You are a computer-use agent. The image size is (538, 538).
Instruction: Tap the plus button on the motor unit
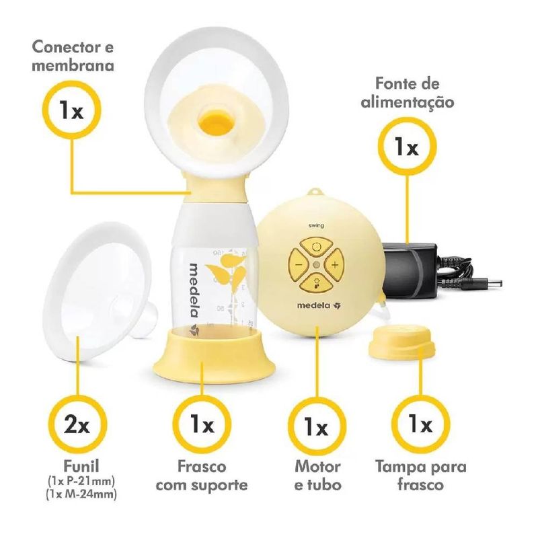tap(334, 264)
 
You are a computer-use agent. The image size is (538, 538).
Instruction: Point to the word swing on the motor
tap(317, 225)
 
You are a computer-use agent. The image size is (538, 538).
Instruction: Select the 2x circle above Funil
tap(77, 425)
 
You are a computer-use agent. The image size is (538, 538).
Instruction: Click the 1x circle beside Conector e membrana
tap(71, 111)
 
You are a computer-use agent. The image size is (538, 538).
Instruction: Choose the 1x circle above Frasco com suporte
tap(202, 425)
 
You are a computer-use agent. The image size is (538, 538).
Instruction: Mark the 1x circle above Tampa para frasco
tap(420, 425)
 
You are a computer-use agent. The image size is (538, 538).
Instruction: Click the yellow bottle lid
tap(401, 342)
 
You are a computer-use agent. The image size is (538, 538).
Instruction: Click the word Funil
tap(81, 466)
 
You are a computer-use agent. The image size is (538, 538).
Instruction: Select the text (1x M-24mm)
tap(81, 494)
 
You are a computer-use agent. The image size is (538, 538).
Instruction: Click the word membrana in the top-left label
tap(73, 65)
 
